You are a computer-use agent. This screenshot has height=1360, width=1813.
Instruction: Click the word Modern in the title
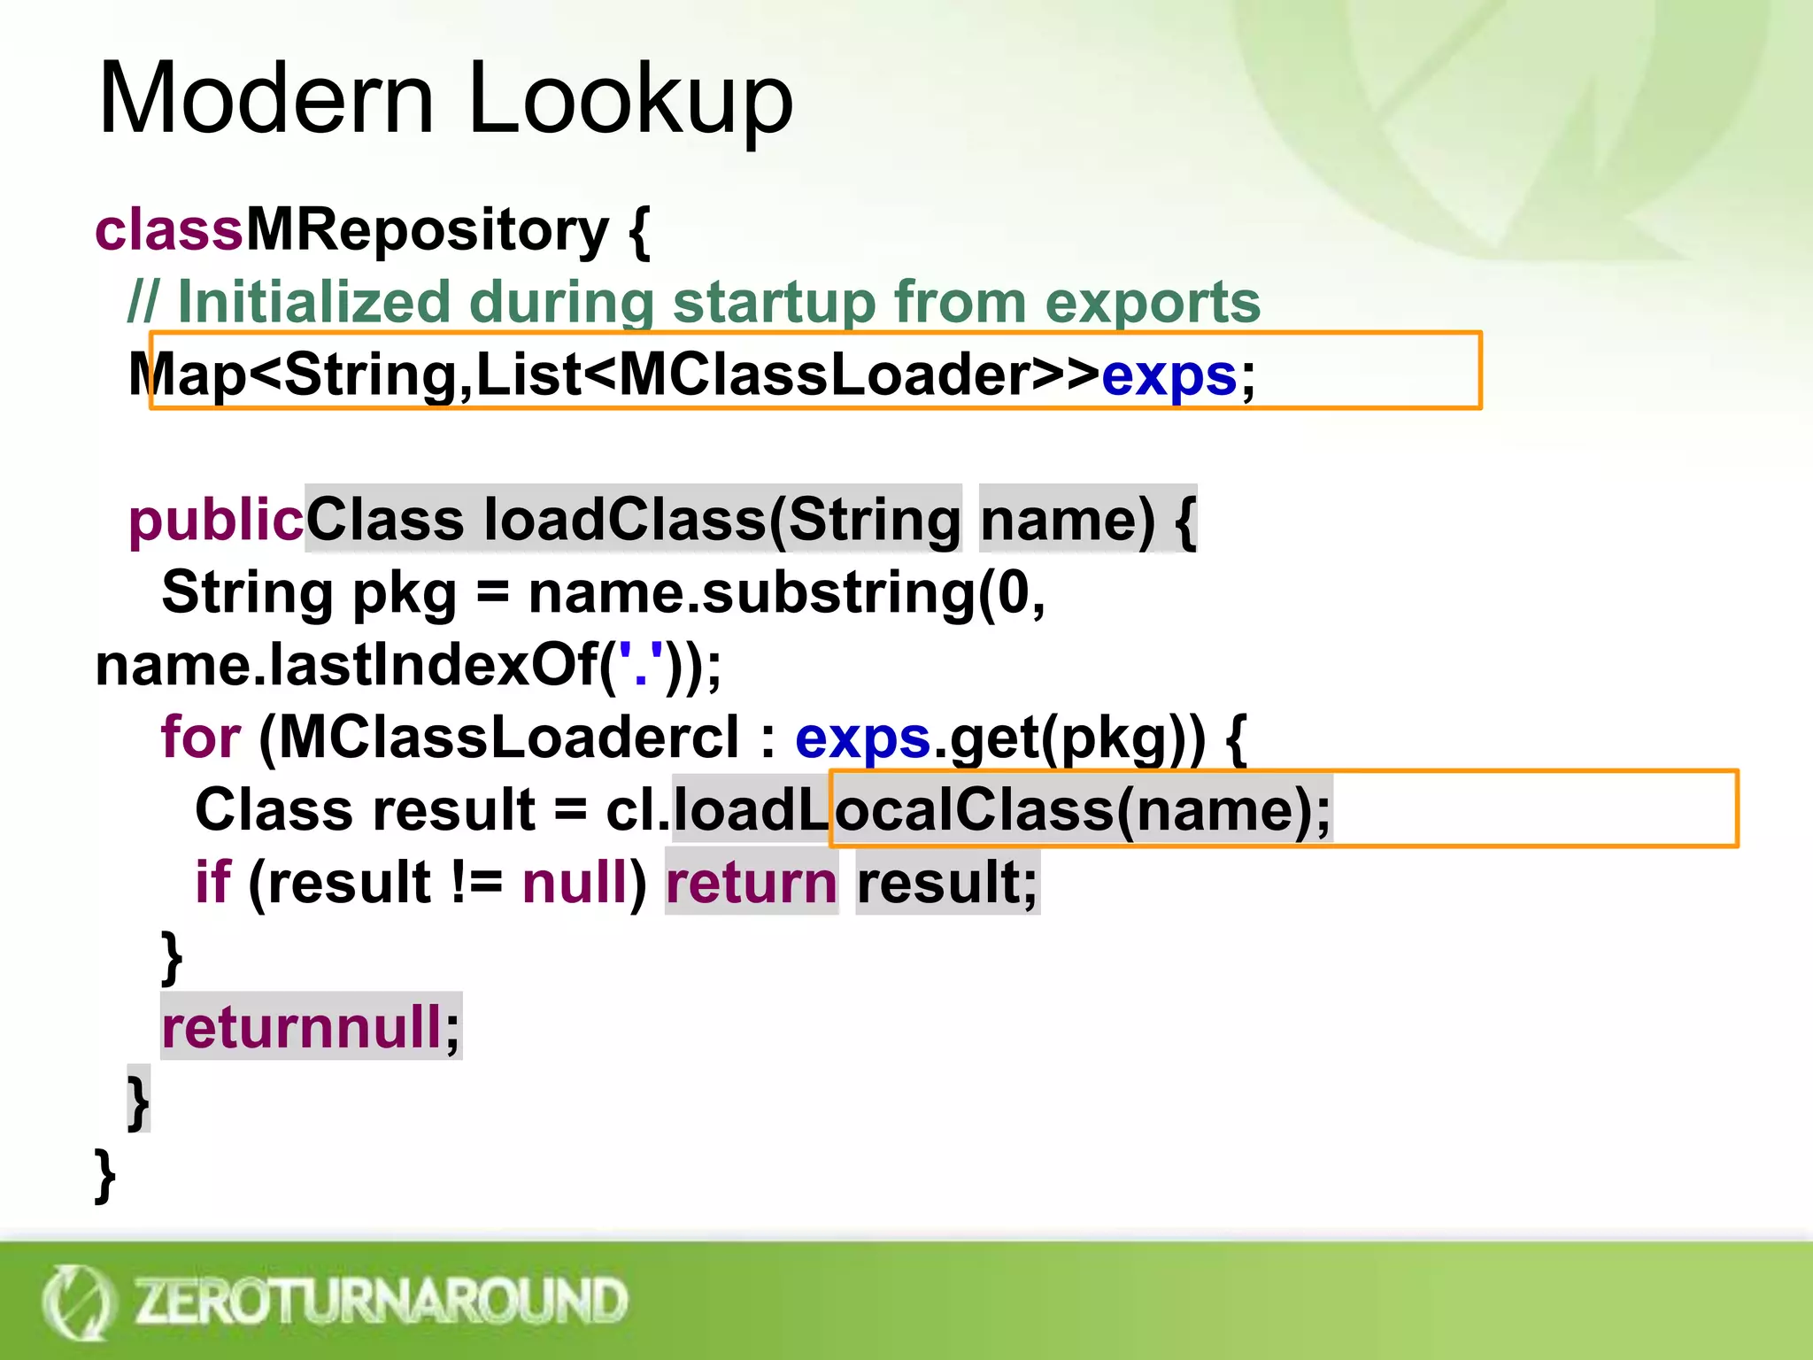(266, 98)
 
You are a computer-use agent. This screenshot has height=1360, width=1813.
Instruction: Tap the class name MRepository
(427, 232)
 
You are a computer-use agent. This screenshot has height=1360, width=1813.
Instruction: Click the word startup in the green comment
(775, 303)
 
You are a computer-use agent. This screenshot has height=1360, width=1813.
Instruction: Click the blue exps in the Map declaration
(1168, 375)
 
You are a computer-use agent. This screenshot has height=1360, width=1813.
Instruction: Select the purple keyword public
(216, 520)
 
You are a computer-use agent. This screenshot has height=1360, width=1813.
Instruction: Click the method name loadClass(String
(633, 520)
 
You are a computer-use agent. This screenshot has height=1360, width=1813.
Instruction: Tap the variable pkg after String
(405, 592)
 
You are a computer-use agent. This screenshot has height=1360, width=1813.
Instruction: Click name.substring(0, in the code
(786, 592)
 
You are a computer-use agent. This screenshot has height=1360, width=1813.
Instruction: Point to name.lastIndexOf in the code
(346, 665)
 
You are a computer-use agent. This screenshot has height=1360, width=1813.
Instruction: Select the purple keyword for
(201, 738)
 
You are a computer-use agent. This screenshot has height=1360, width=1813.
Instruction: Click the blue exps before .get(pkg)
(862, 738)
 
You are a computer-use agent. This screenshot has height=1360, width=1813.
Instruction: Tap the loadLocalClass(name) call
(1000, 810)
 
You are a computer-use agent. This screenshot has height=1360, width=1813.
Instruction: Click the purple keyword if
(212, 883)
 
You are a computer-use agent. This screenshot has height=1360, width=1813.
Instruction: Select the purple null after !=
(575, 883)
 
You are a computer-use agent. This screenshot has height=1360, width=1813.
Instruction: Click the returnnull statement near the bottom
(311, 1027)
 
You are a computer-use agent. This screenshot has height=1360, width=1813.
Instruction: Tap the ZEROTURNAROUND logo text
(381, 1301)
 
